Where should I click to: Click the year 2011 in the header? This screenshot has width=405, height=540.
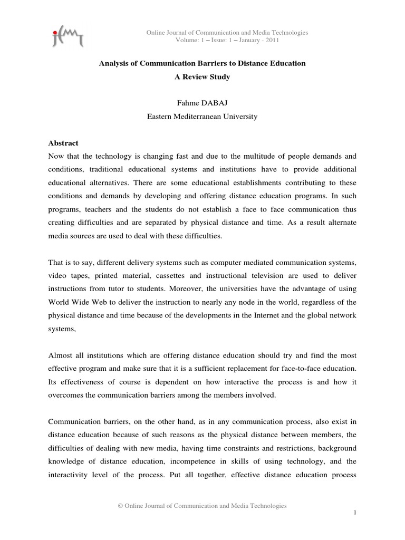point(271,40)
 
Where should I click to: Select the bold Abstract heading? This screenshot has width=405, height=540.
point(63,143)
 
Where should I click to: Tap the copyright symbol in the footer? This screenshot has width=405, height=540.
point(121,506)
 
